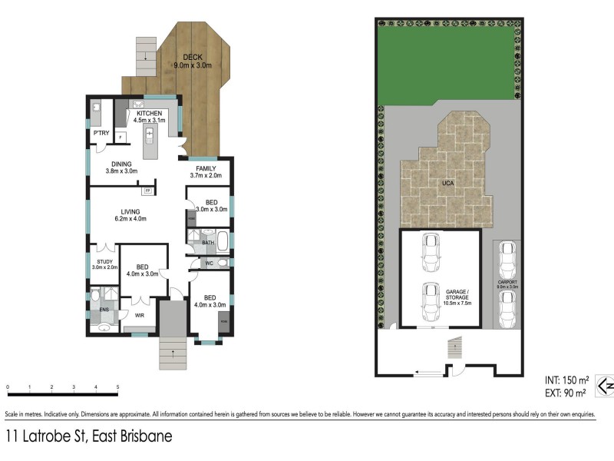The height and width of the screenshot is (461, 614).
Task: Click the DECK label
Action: [192, 56]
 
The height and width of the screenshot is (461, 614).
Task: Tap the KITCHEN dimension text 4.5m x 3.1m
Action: [149, 121]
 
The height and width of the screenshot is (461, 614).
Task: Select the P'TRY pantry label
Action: [100, 134]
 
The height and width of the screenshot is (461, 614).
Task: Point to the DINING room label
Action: [120, 164]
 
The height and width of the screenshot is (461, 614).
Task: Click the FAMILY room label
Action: [205, 168]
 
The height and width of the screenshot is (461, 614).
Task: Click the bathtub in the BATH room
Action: [220, 243]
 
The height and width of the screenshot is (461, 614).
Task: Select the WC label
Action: [207, 264]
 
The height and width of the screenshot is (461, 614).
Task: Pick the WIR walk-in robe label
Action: [140, 315]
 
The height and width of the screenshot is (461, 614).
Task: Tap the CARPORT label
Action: [507, 282]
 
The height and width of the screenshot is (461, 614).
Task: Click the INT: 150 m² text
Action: [566, 380]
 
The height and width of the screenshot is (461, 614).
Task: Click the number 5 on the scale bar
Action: [117, 386]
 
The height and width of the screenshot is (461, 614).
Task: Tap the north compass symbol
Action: [605, 385]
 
